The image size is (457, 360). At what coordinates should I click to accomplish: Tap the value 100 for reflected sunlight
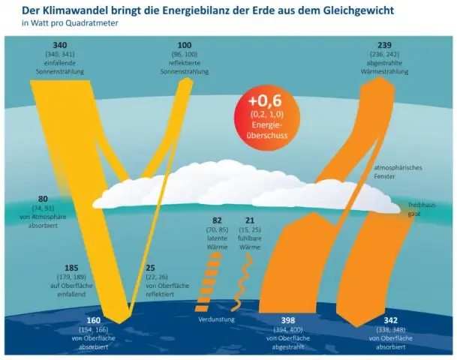click(185, 46)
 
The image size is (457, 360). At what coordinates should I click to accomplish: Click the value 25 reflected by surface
click(149, 268)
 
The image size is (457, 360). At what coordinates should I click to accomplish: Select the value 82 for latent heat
click(217, 220)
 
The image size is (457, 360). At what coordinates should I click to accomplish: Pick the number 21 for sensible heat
click(250, 220)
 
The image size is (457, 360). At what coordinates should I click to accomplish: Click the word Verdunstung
click(218, 320)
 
